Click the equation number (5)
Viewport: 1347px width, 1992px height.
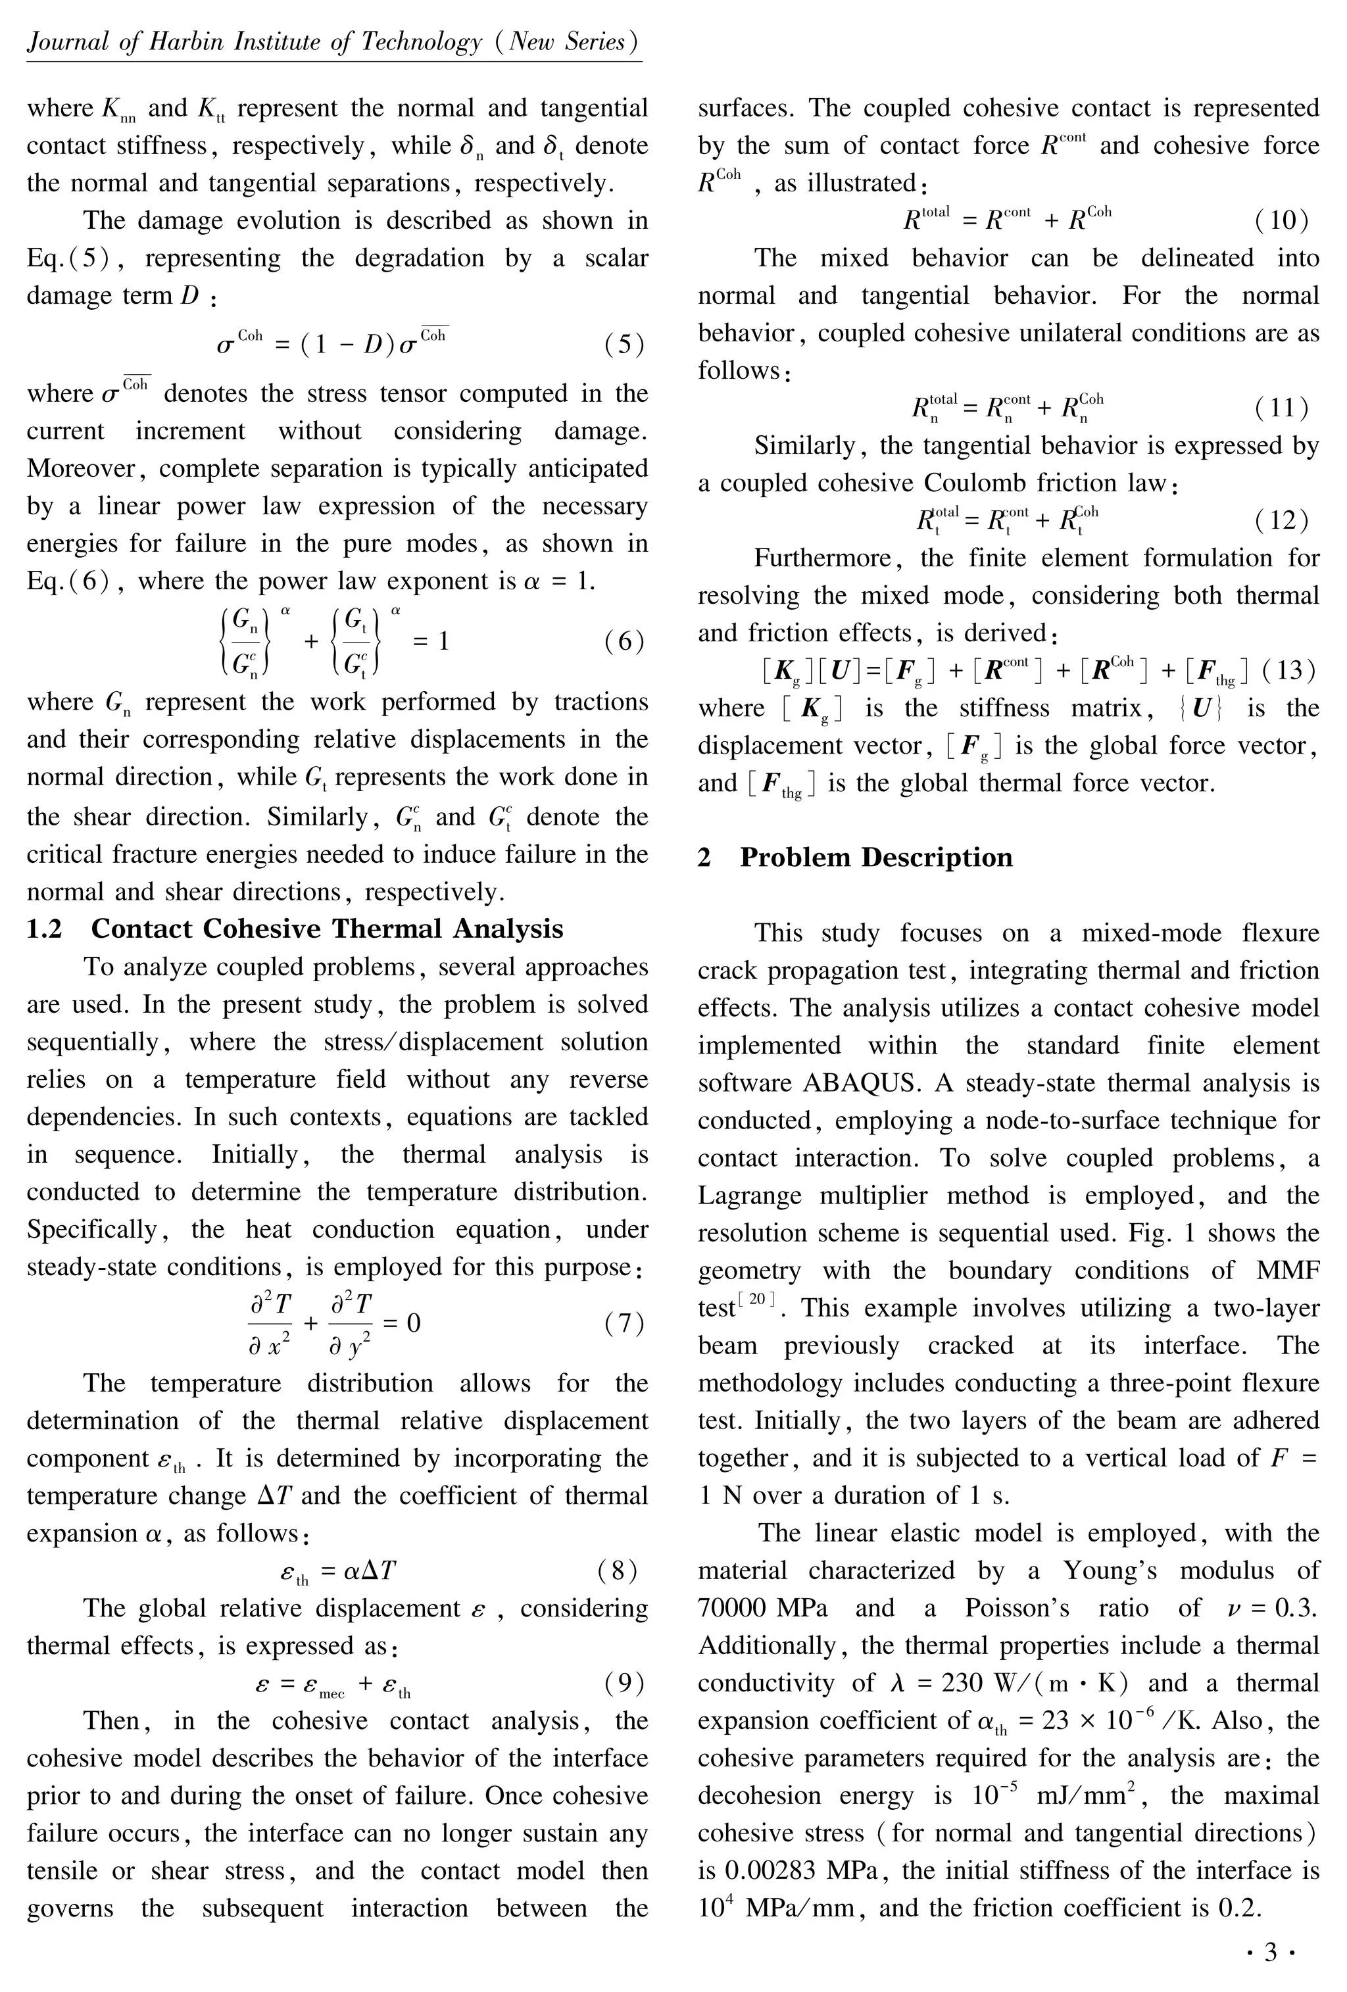click(x=624, y=345)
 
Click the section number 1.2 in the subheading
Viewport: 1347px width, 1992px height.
click(x=45, y=929)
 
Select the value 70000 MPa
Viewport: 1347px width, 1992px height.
click(x=762, y=1608)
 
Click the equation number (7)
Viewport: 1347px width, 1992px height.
click(x=624, y=1324)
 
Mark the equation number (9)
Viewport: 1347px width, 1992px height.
click(x=624, y=1684)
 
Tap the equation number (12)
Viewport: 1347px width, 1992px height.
click(x=1282, y=520)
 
